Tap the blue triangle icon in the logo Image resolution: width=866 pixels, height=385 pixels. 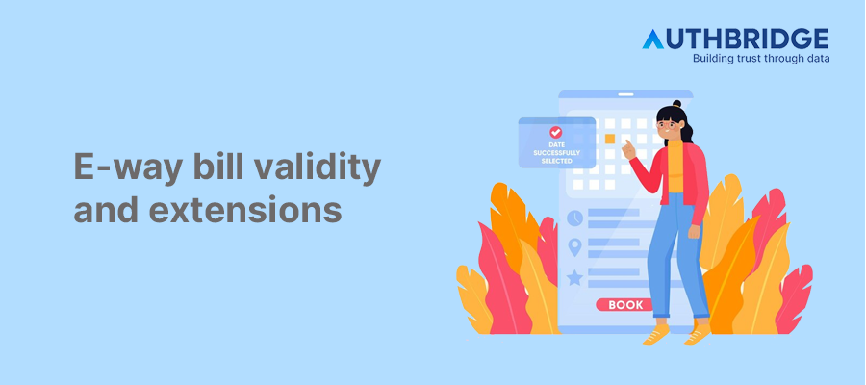[652, 38]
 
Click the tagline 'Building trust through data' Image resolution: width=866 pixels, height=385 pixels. [760, 58]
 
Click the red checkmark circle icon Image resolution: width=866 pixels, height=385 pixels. [555, 132]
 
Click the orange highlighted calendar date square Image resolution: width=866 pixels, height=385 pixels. [609, 139]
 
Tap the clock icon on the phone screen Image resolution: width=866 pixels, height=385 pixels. [575, 218]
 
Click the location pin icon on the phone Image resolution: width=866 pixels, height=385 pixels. [575, 247]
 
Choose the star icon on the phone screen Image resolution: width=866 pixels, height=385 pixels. [575, 277]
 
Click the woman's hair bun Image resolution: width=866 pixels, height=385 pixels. [676, 104]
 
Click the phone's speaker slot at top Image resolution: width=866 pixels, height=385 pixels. [624, 98]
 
